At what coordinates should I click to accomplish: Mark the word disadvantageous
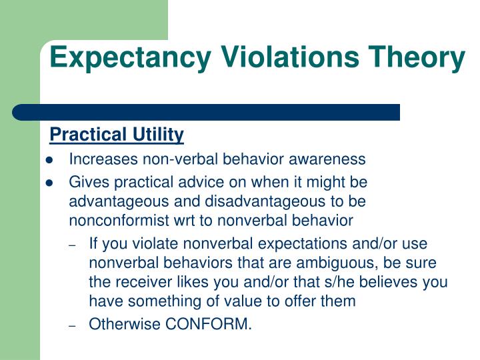(x=277, y=201)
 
